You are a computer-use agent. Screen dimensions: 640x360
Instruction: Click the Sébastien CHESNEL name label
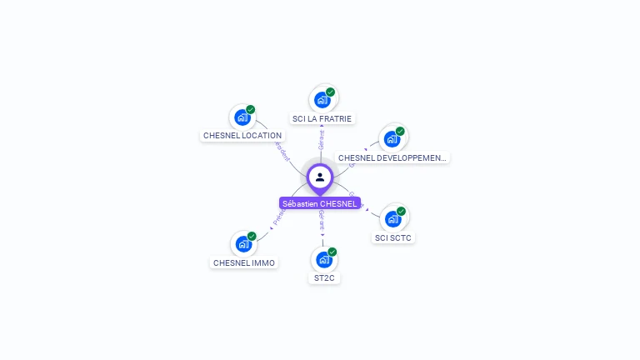320,203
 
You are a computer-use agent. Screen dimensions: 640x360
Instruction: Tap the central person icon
320,177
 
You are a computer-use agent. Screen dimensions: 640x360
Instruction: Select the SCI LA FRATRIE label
322,118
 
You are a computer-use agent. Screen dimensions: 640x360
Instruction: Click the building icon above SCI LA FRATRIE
322,100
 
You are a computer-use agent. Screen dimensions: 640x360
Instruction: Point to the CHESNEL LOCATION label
242,135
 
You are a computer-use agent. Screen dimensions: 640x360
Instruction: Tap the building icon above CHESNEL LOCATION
242,117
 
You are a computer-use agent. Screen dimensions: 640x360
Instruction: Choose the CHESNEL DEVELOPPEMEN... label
392,157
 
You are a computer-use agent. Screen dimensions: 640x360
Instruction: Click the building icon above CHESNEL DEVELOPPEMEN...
392,138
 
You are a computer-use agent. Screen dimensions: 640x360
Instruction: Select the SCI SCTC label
393,237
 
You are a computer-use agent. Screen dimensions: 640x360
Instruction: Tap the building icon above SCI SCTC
392,218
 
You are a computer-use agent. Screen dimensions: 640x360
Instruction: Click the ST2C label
324,277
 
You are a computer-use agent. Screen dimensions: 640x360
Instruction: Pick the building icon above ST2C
323,259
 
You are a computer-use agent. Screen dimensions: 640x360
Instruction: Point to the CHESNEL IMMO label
243,262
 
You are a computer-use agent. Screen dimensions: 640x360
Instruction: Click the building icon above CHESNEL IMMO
242,244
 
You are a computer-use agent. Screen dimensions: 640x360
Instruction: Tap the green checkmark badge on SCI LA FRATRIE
331,92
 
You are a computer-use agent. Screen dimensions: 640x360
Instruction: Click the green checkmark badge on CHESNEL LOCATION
251,109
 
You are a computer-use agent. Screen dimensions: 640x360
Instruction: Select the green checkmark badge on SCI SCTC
401,211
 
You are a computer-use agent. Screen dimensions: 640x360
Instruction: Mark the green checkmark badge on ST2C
332,252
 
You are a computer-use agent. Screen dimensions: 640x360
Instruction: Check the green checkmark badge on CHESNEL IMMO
252,236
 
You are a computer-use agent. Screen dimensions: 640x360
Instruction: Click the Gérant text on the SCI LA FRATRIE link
322,139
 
